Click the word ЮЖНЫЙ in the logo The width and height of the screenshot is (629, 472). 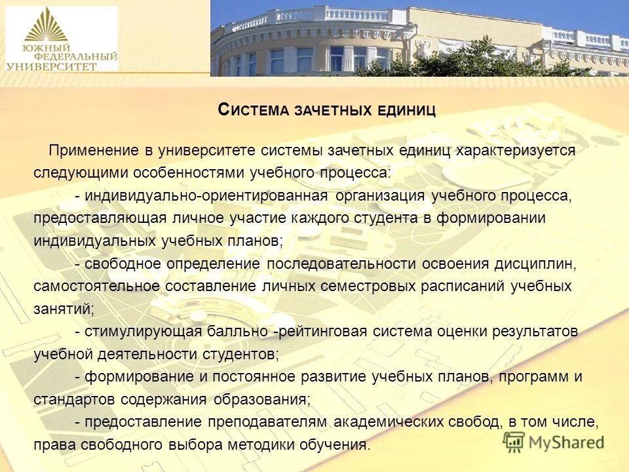[37, 48]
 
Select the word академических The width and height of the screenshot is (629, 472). [391, 422]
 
